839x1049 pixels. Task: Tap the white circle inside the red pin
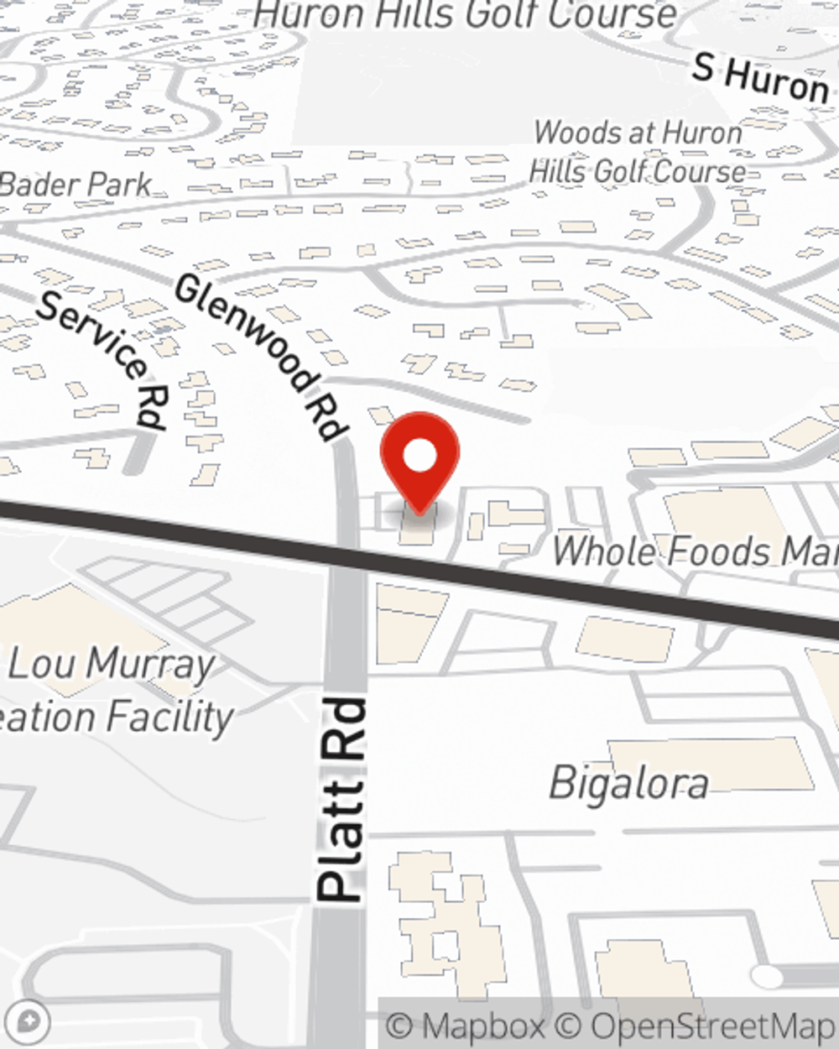point(419,457)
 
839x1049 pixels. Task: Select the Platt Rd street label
point(342,799)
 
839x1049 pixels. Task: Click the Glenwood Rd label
point(261,357)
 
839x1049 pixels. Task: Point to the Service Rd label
point(104,358)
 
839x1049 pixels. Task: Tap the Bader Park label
point(76,185)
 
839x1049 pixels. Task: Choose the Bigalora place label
point(628,784)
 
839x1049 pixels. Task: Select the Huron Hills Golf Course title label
point(466,14)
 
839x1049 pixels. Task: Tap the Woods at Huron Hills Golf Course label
point(638,152)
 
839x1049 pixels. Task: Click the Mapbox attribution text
point(466,1026)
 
